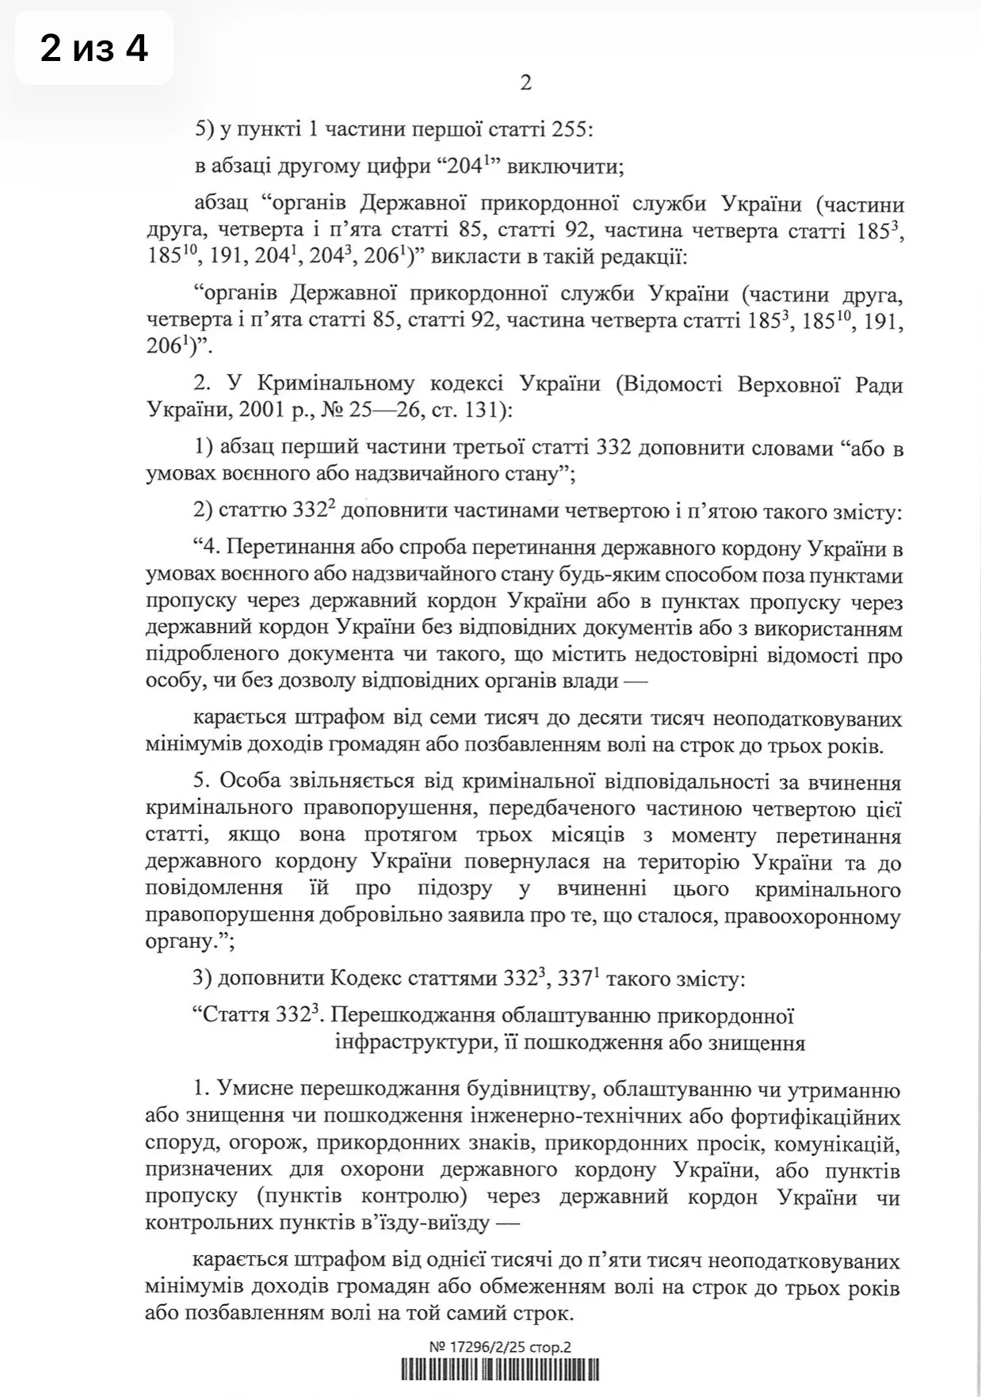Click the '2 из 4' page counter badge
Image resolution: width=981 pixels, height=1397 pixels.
pos(94,49)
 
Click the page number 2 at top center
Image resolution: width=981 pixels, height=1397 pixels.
pos(525,82)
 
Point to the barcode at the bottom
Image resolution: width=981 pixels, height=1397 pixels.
pos(500,1371)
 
